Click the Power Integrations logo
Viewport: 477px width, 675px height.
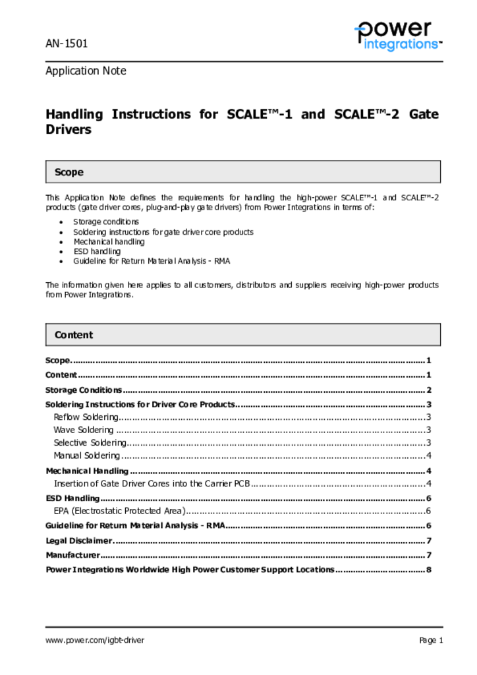pos(397,36)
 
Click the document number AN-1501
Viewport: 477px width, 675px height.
pos(67,44)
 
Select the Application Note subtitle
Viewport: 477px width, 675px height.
pos(86,71)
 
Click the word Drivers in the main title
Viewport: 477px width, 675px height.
pos(69,130)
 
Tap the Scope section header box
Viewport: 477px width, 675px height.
pos(242,172)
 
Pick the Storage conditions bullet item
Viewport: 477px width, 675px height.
pos(106,222)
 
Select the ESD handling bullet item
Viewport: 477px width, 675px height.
pos(97,251)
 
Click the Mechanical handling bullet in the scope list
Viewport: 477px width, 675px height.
pos(109,242)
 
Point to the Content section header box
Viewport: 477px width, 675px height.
pos(242,335)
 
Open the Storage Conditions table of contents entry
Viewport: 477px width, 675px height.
pos(84,390)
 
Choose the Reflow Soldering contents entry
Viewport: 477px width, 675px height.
pos(86,417)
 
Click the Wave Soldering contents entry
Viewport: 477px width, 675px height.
pos(84,430)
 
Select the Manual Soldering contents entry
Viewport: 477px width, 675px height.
pos(87,455)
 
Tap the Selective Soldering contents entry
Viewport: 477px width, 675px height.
pos(89,443)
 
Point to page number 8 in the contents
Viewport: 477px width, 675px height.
pos(429,570)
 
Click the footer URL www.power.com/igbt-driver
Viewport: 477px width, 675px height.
pos(95,640)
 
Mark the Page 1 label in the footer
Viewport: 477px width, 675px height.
pos(431,640)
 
